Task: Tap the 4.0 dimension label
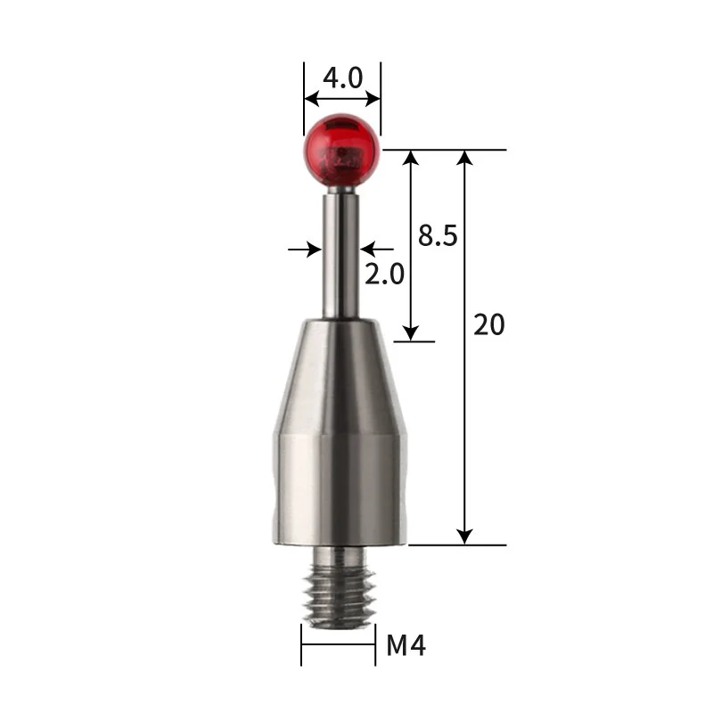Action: pos(342,78)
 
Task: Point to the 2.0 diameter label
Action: pos(384,274)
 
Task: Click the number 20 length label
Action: pos(488,325)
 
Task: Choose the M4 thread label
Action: pos(406,645)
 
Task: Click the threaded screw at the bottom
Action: pos(339,588)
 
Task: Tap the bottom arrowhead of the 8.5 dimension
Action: pos(410,332)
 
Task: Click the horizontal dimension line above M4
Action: pos(338,644)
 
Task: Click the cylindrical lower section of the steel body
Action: pos(339,490)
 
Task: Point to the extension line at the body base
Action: pos(455,545)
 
